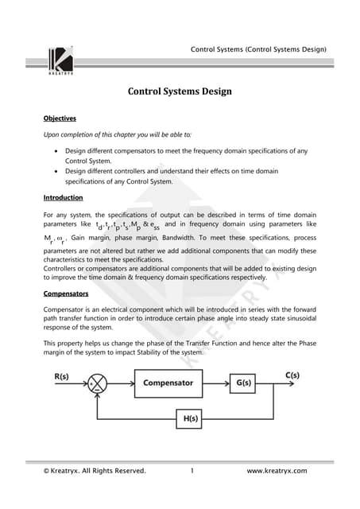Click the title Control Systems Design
tap(180, 91)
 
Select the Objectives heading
tap(60, 119)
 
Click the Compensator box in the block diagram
tap(168, 383)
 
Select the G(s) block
tap(242, 383)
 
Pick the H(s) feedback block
tap(188, 417)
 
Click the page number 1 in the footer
tap(192, 472)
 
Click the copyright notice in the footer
tap(95, 472)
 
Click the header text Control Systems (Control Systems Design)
tap(258, 50)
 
